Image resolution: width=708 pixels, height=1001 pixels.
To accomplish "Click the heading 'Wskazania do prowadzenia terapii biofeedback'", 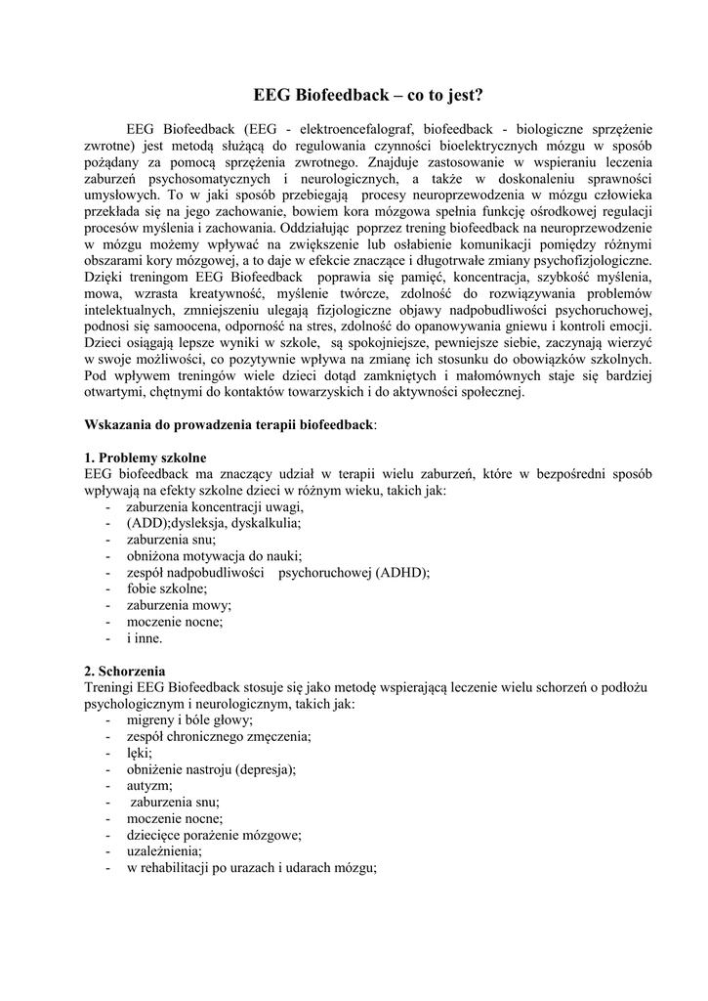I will tap(229, 424).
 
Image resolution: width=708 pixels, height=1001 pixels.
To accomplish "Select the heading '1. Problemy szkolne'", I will tap(146, 457).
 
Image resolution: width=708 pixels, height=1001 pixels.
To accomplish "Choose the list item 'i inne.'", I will tap(145, 637).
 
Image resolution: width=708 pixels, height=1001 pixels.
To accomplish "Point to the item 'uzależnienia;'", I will tap(164, 851).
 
